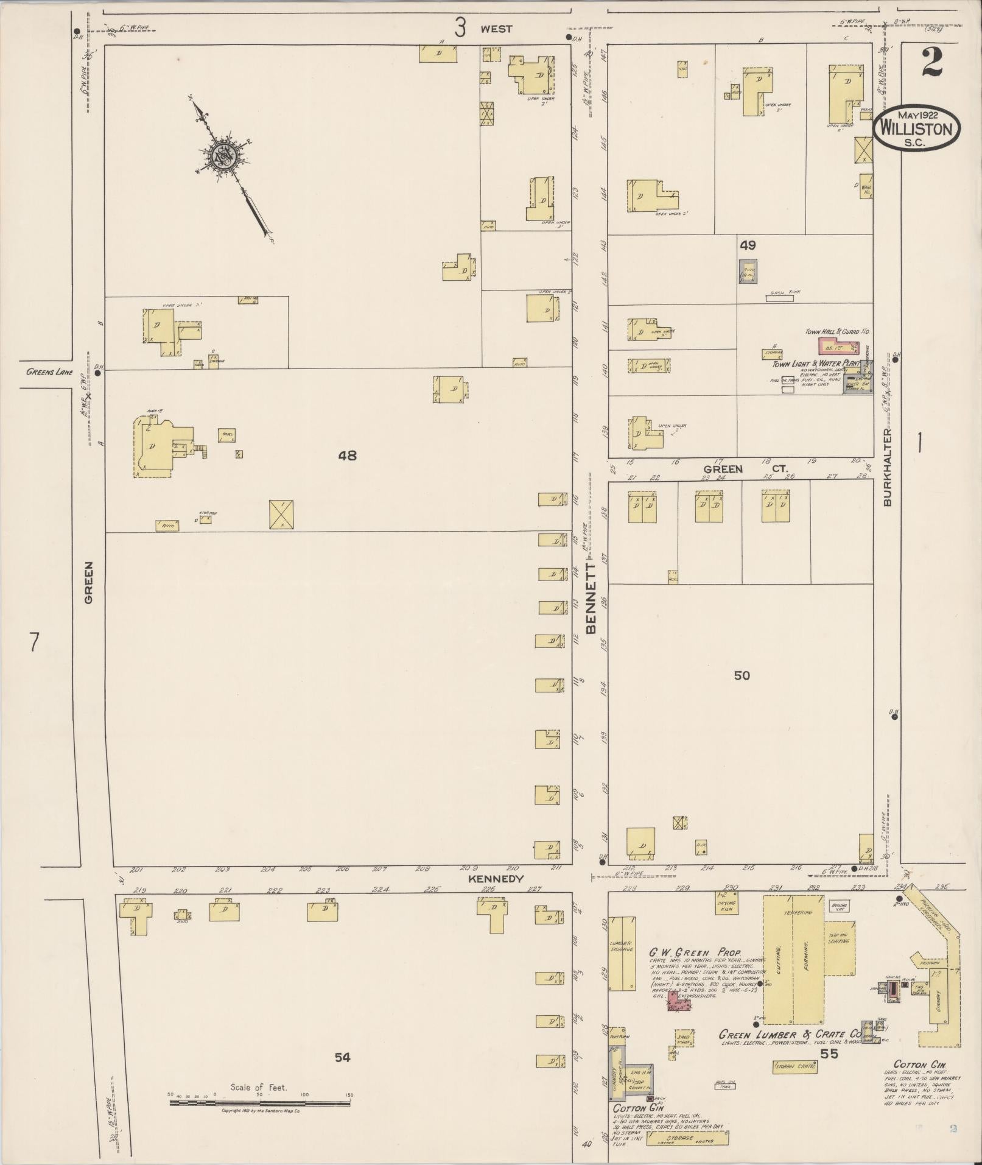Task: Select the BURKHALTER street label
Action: (x=888, y=466)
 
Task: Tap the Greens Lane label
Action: (x=50, y=371)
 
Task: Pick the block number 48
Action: (x=347, y=455)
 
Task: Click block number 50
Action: (x=742, y=675)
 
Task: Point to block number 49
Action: (x=748, y=245)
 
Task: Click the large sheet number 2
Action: (x=931, y=63)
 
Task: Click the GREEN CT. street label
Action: (x=745, y=469)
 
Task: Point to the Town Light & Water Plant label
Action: (x=816, y=364)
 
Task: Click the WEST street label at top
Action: (x=496, y=29)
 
